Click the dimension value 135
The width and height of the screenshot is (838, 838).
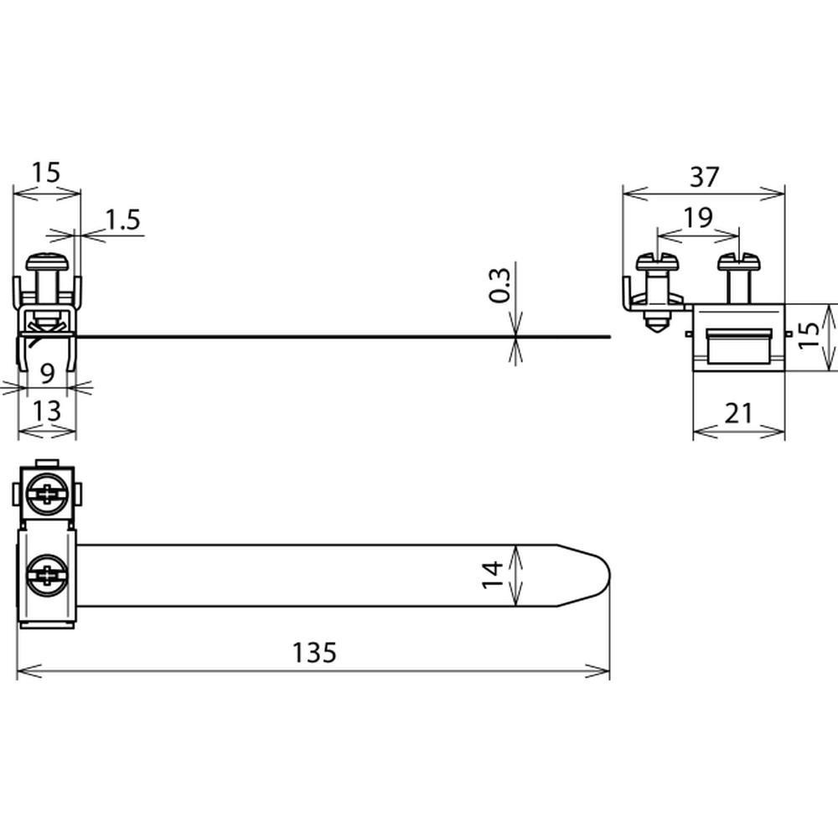coord(314,653)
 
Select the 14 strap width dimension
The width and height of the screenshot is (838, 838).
coord(493,575)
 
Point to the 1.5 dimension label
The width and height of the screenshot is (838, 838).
coord(123,220)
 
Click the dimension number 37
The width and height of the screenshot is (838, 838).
coord(705,177)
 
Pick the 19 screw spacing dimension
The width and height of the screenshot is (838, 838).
coord(698,218)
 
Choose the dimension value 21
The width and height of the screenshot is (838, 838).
coord(738,413)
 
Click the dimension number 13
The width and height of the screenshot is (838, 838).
coord(47,411)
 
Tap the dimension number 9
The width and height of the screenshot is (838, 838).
coord(48,373)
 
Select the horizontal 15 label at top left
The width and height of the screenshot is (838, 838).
coord(46,173)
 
